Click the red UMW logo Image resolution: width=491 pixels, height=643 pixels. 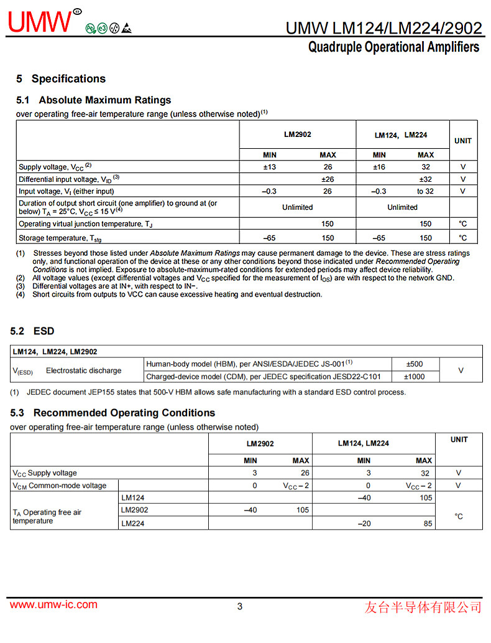click(41, 22)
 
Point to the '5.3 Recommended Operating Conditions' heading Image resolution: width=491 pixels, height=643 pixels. click(112, 413)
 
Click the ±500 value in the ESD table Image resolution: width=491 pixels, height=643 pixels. click(414, 364)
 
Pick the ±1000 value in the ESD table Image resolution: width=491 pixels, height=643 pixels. click(414, 377)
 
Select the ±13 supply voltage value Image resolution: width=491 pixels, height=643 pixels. click(270, 167)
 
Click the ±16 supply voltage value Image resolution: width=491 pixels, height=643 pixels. click(379, 167)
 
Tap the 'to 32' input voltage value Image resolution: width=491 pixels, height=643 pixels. click(425, 191)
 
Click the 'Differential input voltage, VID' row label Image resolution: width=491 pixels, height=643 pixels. click(68, 179)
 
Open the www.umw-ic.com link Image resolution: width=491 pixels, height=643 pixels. click(53, 605)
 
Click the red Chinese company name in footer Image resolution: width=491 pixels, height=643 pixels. click(423, 607)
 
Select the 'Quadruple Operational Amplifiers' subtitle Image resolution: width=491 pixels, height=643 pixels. click(393, 47)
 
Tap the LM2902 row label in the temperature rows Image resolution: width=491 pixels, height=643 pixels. click(135, 510)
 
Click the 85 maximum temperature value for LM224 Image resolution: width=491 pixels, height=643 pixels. click(428, 524)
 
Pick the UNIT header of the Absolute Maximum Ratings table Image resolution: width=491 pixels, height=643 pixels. click(463, 141)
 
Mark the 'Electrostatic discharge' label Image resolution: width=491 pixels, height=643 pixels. click(84, 371)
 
